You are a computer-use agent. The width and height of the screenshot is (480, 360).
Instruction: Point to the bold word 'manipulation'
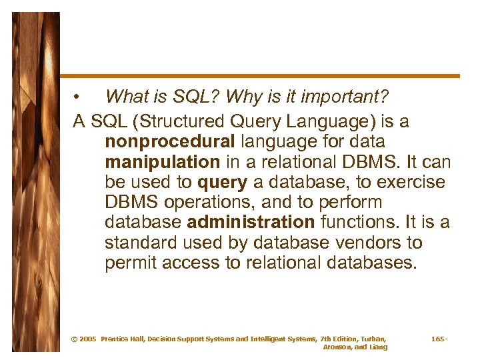tap(162, 163)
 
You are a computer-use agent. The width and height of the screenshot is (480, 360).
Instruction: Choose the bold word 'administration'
tap(251, 223)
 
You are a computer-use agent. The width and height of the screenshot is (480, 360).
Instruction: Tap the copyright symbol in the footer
tap(74, 339)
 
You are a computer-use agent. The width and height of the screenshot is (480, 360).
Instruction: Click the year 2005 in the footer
tap(88, 339)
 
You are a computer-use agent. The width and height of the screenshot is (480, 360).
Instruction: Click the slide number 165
tap(438, 339)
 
